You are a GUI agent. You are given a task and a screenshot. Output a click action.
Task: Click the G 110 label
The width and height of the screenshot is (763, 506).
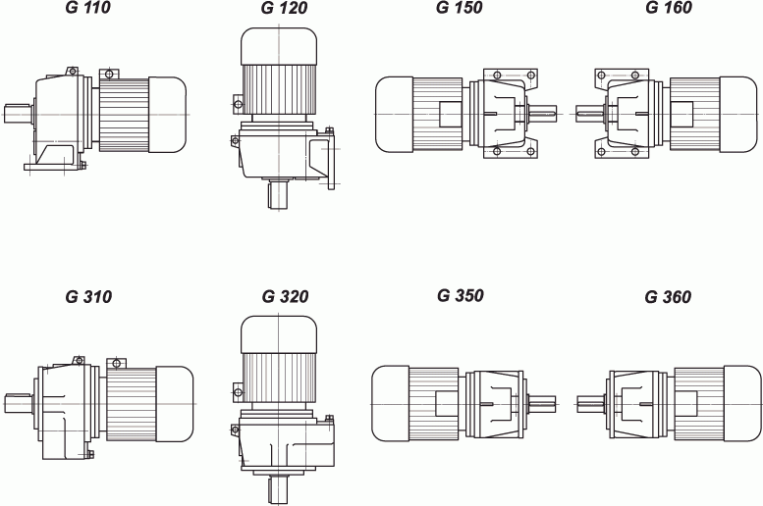[x=88, y=7]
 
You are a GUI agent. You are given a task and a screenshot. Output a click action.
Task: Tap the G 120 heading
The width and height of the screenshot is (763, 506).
[x=285, y=8]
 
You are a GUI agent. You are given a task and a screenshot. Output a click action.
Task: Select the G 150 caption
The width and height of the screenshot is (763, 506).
[x=460, y=7]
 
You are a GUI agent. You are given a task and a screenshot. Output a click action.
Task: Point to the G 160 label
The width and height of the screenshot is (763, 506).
[x=669, y=7]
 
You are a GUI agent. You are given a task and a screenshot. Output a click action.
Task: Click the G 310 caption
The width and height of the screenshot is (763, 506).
[x=88, y=297]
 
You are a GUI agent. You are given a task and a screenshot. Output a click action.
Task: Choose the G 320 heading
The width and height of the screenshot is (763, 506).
[x=285, y=296]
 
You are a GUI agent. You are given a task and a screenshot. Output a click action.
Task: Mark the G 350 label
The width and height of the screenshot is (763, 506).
[x=461, y=295]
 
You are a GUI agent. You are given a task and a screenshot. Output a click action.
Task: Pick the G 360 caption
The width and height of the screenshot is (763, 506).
[x=668, y=297]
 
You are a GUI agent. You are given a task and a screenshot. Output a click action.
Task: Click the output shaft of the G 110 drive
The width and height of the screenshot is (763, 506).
[x=18, y=114]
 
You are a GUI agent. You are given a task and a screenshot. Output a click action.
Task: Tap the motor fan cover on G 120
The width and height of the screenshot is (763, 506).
[x=279, y=46]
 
